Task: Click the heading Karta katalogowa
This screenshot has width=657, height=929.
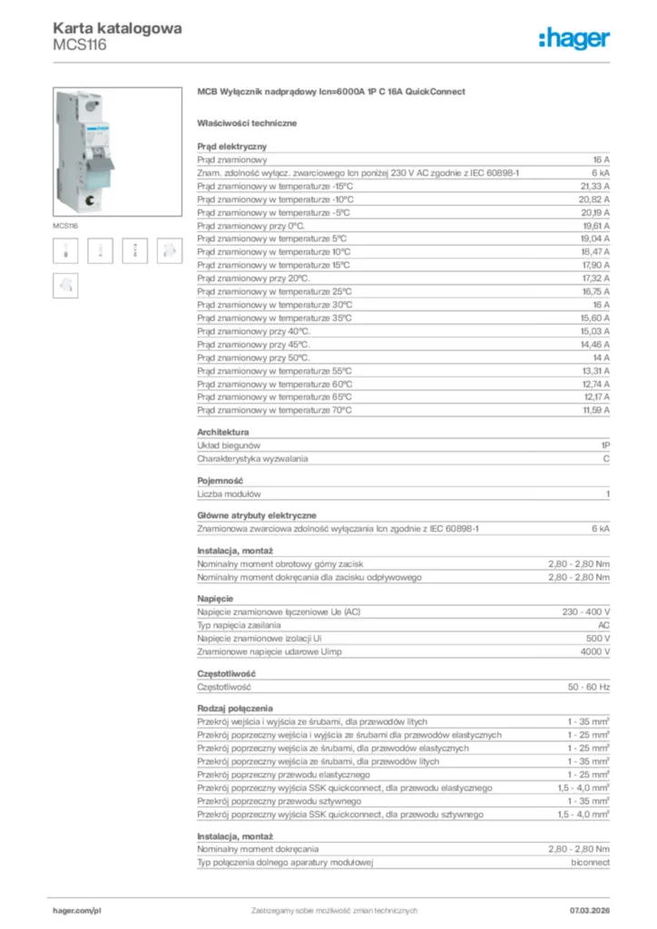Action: (117, 28)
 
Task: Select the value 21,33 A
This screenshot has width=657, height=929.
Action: (594, 185)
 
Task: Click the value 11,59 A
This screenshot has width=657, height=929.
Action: (594, 410)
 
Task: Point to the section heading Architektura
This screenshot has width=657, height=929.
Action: (223, 433)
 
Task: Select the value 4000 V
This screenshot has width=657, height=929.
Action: (595, 652)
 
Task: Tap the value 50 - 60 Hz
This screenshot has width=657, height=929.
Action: (589, 687)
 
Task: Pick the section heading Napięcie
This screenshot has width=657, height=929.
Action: (215, 599)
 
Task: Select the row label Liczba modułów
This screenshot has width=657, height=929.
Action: (230, 494)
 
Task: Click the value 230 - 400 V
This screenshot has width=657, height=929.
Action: (586, 612)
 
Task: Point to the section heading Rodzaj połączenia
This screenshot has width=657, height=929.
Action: (235, 708)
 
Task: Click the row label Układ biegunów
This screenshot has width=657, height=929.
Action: (229, 445)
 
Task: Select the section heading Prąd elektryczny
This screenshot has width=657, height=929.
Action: (232, 145)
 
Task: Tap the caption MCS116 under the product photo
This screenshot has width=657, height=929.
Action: (65, 225)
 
